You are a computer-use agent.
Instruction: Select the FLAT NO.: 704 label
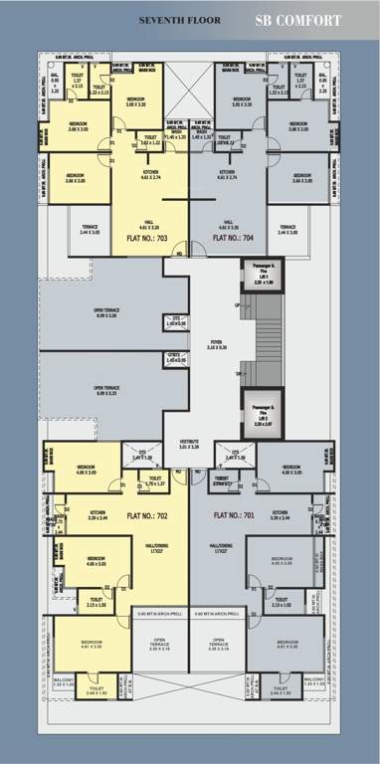[235, 238]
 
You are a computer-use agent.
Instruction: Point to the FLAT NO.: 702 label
[145, 515]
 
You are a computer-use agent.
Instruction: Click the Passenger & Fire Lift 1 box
[263, 277]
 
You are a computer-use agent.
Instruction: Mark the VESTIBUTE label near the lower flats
[189, 444]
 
